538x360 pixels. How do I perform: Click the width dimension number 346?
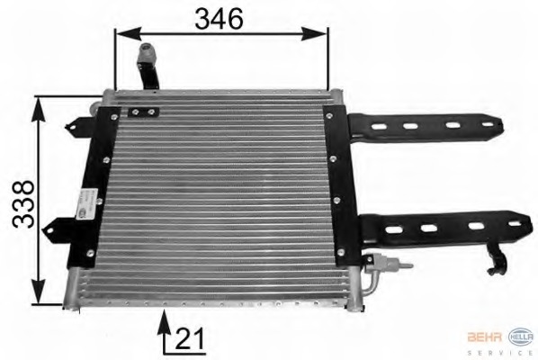click(x=220, y=17)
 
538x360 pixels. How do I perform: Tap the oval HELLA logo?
click(x=521, y=336)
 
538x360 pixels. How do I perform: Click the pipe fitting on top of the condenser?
click(x=145, y=68)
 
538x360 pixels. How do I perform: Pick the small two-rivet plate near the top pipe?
click(x=140, y=113)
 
